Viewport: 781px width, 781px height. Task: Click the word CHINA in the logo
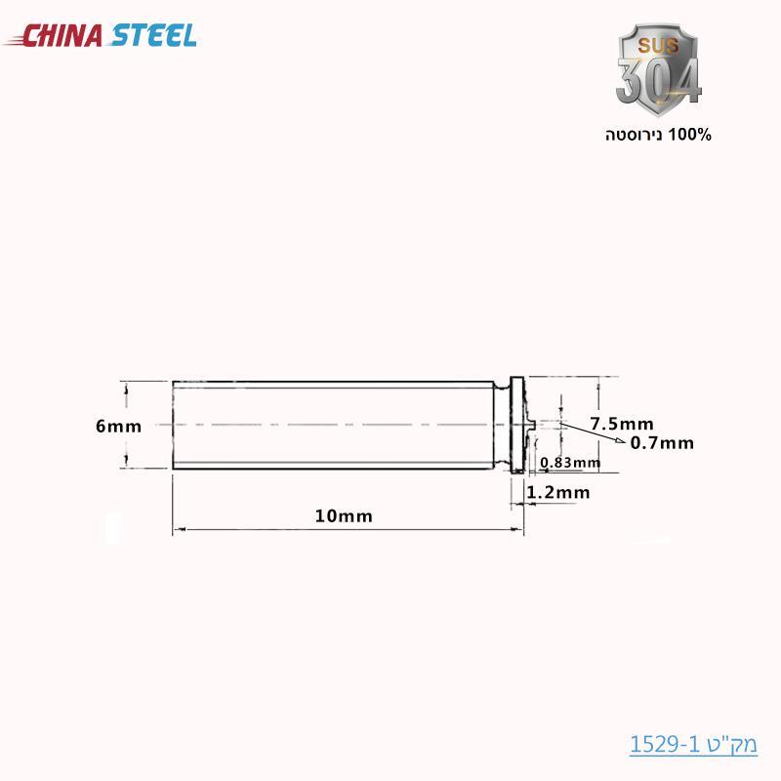pos(62,36)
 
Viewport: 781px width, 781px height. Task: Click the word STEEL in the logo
pos(153,36)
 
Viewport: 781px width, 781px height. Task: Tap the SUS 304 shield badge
pos(658,69)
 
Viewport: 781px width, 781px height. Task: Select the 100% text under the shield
pos(689,135)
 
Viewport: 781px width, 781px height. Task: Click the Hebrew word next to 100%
pos(634,135)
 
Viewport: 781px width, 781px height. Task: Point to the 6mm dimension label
pos(118,427)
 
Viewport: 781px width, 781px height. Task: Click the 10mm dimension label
pos(344,516)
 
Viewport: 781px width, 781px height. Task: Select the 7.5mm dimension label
pos(622,424)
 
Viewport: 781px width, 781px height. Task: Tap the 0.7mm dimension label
pos(662,443)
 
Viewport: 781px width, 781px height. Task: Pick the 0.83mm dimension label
pos(570,463)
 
